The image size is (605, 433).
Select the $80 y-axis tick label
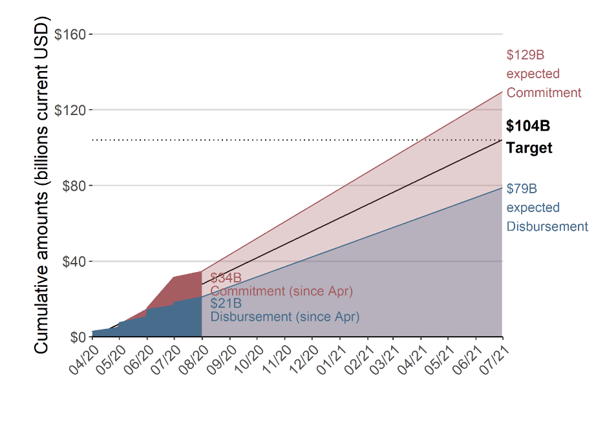pos(74,186)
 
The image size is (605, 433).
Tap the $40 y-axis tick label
pos(74,262)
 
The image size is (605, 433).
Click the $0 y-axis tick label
pos(78,337)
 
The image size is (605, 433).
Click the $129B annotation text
pos(525,55)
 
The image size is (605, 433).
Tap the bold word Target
pos(529,148)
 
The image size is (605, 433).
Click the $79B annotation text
pos(522,189)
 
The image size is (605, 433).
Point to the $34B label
pos(226,279)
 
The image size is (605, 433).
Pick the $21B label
pos(226,304)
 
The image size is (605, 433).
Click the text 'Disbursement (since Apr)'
pos(284,317)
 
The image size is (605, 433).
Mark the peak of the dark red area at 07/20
pos(175,277)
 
